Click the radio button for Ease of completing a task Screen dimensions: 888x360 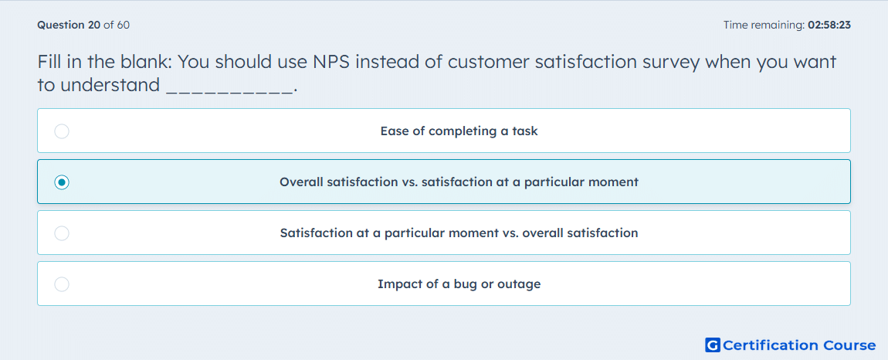62,131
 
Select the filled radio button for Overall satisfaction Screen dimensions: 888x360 62,182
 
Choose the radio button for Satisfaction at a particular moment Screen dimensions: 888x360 62,233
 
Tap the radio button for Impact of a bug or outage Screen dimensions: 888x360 62,284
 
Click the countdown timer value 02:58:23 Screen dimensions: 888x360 829,25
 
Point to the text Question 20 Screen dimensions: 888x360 68,25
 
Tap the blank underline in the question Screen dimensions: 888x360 230,93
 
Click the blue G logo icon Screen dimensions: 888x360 713,345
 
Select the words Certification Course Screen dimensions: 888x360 799,345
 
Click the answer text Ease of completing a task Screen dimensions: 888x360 459,131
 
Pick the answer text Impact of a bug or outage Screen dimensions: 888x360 459,284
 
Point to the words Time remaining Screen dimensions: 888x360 764,25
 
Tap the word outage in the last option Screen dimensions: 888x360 519,284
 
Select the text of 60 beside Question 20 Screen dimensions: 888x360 117,25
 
